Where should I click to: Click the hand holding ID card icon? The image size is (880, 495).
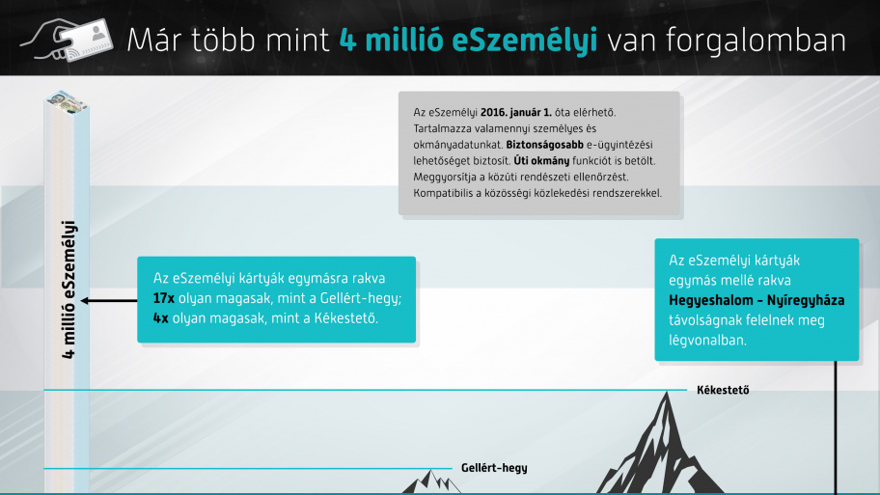(67, 40)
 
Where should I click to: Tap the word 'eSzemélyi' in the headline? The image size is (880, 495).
(525, 41)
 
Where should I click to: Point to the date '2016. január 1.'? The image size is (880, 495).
(516, 112)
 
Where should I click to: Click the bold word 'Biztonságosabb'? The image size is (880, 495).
(544, 145)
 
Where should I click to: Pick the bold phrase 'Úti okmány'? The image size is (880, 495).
(541, 161)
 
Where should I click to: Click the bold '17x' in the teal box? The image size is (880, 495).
(164, 298)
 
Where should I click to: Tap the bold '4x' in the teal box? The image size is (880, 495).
(160, 318)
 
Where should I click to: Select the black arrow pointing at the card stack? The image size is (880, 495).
(109, 301)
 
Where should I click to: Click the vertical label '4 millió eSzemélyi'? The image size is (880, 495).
(69, 289)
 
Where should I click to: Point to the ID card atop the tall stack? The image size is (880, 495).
(67, 101)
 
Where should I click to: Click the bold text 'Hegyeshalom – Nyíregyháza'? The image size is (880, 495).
(756, 301)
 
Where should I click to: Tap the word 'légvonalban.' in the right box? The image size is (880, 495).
(707, 340)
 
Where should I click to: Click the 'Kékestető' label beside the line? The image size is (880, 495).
(723, 390)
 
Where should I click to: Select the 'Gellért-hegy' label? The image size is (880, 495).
(494, 468)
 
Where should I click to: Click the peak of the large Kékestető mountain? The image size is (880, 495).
(667, 393)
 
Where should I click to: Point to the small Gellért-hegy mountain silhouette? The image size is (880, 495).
(431, 482)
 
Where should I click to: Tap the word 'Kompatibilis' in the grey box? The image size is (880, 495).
(440, 194)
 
